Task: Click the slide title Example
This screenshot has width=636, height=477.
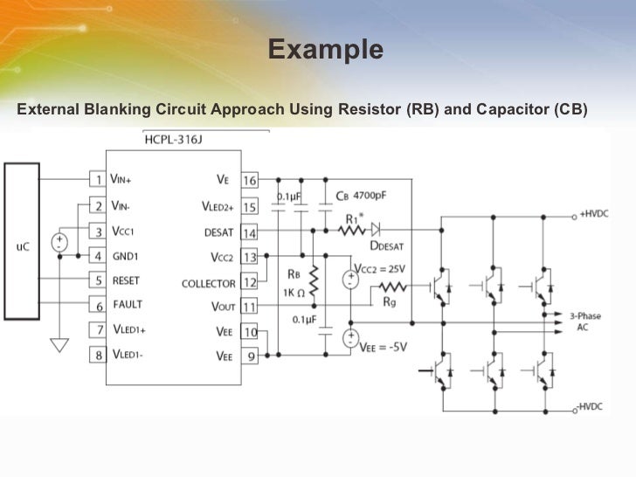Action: (325, 50)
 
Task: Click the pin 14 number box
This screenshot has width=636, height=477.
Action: (250, 233)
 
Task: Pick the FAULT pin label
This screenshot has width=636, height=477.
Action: (127, 305)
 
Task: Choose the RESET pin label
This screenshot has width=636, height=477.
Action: (127, 280)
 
